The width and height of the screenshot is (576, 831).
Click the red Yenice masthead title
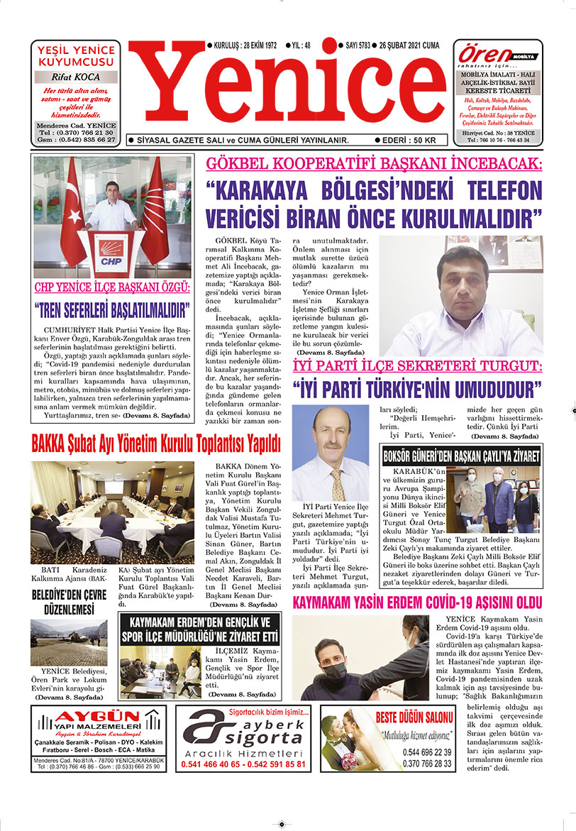pos(288,91)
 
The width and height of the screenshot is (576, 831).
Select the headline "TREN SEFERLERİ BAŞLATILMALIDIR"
pos(112,310)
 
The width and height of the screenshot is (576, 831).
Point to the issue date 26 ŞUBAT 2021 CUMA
pos(409,45)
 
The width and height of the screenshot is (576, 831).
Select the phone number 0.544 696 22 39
pos(427,752)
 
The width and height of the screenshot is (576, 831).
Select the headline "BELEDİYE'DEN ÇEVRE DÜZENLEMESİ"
pos(68,602)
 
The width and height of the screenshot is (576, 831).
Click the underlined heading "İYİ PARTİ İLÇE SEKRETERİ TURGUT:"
pos(417,366)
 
